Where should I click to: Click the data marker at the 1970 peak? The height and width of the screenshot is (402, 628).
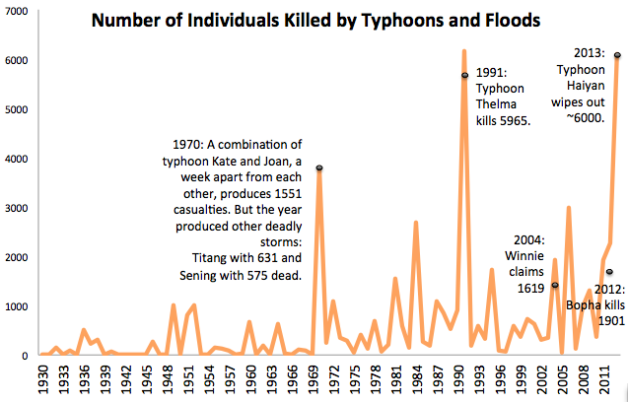click(x=319, y=168)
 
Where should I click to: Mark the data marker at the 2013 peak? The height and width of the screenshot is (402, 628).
click(x=617, y=55)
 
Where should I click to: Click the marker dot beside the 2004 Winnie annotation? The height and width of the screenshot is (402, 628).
click(x=554, y=285)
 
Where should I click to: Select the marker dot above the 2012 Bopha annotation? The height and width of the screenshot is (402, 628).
click(x=610, y=272)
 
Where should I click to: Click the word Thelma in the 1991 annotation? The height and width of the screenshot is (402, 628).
click(x=497, y=104)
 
